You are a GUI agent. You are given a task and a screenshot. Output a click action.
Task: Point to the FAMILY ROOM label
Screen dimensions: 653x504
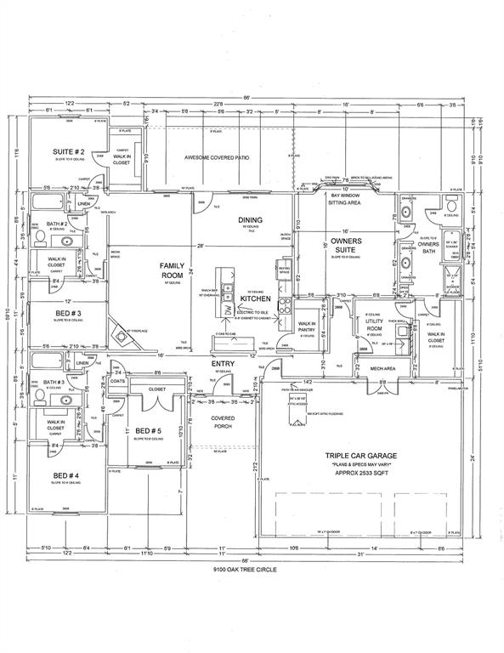click(x=172, y=270)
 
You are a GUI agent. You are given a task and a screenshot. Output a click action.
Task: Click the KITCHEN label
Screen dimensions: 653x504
click(x=254, y=299)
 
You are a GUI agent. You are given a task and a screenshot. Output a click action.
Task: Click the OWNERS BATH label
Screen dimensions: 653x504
click(x=428, y=247)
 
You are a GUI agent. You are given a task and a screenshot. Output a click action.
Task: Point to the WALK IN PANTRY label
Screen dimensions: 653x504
click(x=307, y=326)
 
